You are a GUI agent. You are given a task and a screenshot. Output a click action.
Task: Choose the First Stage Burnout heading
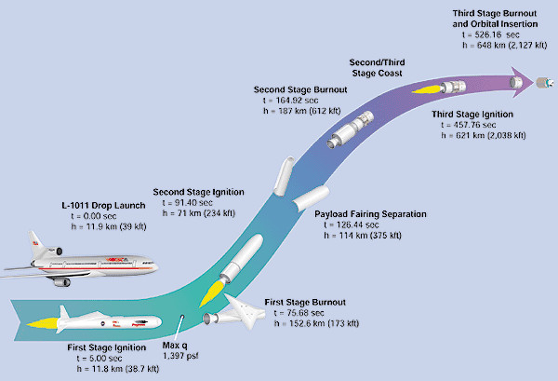click(x=304, y=303)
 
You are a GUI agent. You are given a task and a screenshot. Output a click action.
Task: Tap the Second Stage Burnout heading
click(x=300, y=91)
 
